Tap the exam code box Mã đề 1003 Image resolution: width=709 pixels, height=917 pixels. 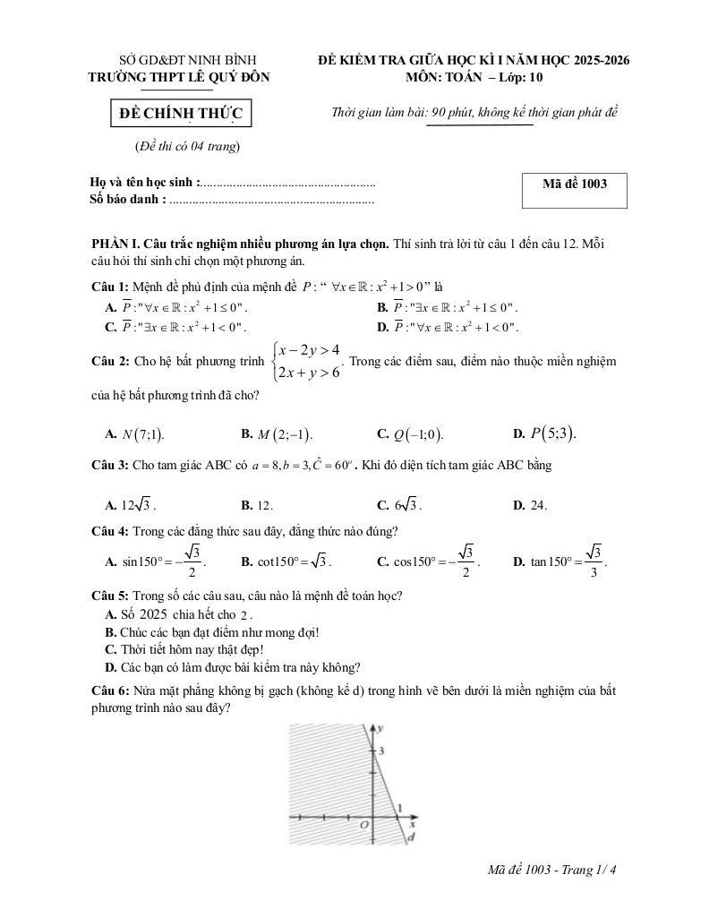574,184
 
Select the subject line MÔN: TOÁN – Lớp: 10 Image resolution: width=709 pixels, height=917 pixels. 474,77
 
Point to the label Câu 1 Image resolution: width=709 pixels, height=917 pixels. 111,287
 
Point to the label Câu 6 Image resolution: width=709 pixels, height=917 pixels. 111,691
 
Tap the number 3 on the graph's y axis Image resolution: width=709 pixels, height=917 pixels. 380,750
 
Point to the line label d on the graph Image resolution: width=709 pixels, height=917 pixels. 410,838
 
